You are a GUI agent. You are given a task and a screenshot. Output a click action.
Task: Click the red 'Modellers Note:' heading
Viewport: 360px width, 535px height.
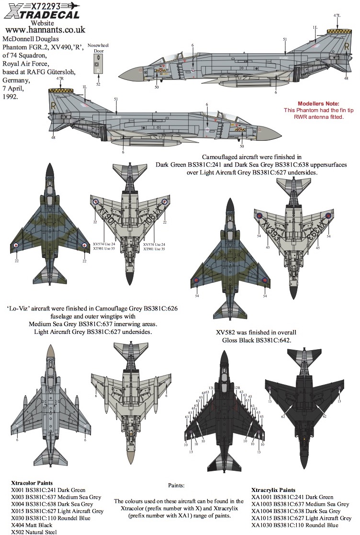tap(318, 103)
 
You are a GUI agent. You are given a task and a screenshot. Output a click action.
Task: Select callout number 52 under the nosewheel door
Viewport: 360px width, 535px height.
tap(98, 85)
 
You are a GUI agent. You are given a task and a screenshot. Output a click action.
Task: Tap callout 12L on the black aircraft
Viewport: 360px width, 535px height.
tap(211, 387)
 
